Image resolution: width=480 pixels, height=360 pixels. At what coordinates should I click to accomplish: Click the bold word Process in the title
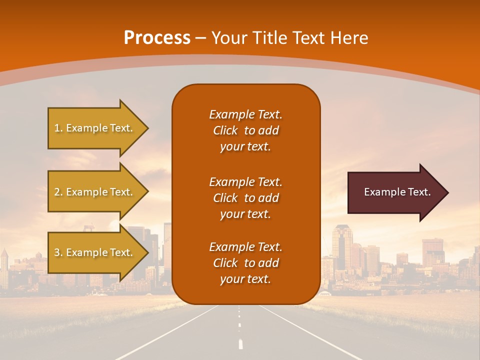157,38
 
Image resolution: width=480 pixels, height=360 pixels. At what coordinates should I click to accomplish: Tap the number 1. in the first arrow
58,128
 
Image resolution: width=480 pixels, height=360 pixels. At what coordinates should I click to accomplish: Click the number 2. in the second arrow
58,192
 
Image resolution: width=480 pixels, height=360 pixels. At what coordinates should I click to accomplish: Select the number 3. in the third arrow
58,252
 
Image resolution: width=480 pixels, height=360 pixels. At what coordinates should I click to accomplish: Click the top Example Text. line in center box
245,114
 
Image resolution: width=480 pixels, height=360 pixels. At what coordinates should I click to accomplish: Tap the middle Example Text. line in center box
245,181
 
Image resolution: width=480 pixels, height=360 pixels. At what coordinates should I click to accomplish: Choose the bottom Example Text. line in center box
245,247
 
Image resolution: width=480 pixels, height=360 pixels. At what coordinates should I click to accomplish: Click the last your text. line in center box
245,279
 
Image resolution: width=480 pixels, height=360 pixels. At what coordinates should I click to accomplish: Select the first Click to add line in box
245,130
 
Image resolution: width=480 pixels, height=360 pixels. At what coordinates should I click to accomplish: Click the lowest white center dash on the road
240,344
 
